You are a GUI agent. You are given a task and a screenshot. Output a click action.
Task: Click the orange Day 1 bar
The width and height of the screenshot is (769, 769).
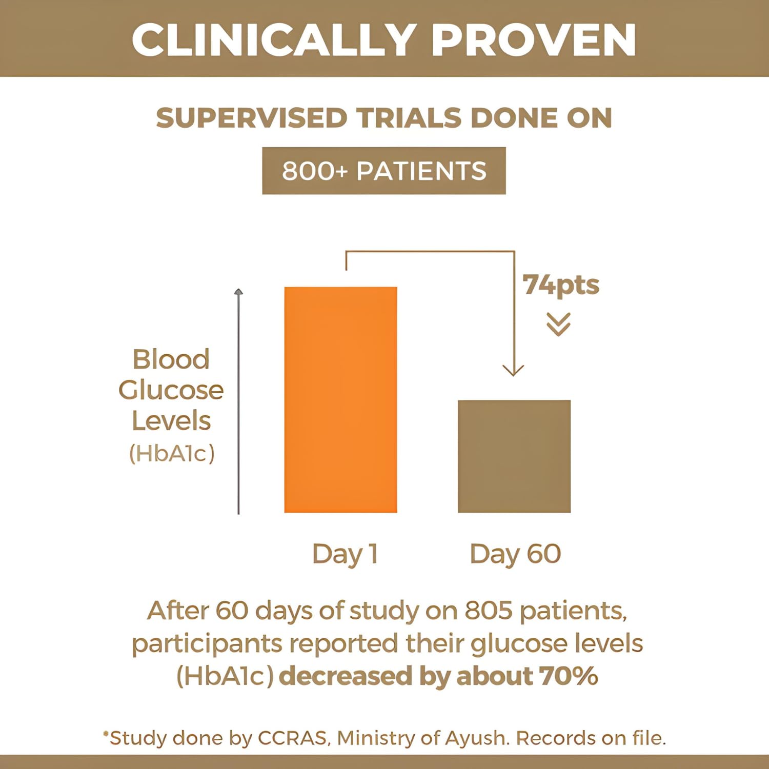pos(340,400)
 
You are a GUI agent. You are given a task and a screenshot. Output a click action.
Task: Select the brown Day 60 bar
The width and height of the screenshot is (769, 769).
pos(514,456)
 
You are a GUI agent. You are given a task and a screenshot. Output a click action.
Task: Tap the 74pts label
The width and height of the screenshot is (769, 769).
pos(561,286)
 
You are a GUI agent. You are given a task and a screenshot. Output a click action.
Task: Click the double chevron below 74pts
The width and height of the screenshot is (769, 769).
pos(558,325)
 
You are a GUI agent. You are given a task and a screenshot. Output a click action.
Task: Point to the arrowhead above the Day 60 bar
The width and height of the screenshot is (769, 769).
pos(513,370)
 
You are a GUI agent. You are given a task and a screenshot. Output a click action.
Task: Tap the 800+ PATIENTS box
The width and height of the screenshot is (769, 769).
pos(384,171)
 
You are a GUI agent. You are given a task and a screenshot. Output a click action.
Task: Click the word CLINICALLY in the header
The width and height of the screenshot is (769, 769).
pos(273,40)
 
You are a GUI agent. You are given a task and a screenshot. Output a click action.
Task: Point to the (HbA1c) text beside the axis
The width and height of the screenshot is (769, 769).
pos(172,453)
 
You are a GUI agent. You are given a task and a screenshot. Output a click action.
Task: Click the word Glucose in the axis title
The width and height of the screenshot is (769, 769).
pos(171,390)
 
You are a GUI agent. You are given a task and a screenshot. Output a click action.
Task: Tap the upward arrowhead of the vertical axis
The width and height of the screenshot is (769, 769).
pos(238,292)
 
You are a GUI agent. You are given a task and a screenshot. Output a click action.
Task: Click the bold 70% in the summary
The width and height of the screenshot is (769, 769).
pos(569,676)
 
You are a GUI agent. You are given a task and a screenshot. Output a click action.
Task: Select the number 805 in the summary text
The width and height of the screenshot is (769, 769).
pos(489,611)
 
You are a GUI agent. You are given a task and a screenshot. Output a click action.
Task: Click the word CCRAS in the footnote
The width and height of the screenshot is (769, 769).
pos(292,738)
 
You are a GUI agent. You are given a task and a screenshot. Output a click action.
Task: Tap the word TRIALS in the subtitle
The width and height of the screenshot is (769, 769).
pos(409,118)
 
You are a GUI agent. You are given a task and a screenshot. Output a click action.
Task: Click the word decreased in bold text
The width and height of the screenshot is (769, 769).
pos(346,676)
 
